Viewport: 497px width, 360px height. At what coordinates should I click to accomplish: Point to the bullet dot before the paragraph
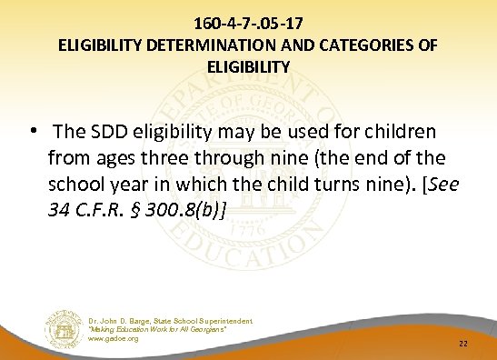tap(33, 128)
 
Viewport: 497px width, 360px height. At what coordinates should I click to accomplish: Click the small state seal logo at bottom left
tap(57, 330)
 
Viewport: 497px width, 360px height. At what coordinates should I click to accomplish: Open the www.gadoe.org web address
tap(114, 339)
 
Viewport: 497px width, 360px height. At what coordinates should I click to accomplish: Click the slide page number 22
tap(462, 345)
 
